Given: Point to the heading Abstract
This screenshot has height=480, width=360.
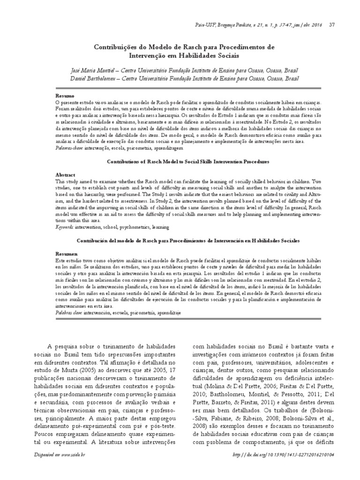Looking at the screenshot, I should (x=66, y=174).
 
